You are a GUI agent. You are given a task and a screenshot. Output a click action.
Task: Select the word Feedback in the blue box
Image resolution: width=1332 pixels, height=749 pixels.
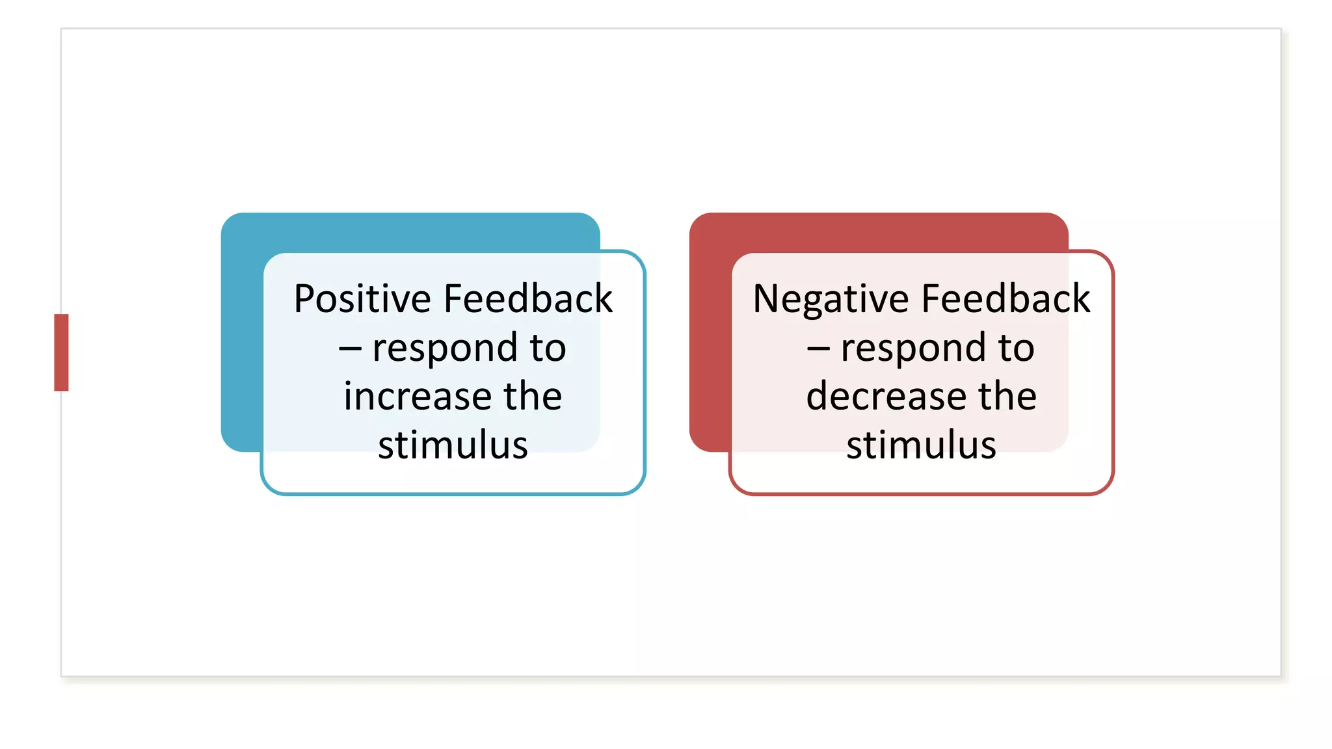point(528,299)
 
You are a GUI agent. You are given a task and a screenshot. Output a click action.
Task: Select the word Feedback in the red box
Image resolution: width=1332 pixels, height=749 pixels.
point(1006,299)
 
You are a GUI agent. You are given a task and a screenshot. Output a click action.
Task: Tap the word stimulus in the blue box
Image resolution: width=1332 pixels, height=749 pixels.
point(453,445)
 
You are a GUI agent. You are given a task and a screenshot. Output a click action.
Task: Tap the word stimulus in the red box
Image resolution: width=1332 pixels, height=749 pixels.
point(921,445)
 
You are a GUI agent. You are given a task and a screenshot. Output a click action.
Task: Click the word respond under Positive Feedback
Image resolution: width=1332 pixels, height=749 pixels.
point(445,348)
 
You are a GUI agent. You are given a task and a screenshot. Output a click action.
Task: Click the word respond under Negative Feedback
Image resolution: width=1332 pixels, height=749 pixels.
point(913,348)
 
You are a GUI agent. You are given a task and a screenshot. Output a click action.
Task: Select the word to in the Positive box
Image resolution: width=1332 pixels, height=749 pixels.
point(548,348)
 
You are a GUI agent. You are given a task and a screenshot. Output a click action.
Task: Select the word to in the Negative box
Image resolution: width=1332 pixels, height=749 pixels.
point(1016,348)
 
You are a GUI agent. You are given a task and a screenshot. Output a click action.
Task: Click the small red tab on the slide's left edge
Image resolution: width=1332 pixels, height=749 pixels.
point(61,352)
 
